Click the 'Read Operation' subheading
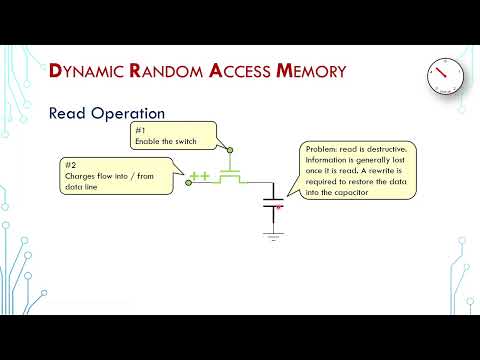[x=107, y=113]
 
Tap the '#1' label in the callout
[x=141, y=131]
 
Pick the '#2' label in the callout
[x=71, y=163]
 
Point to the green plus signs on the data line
[x=199, y=177]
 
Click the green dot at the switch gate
[x=230, y=151]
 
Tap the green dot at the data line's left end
[x=188, y=183]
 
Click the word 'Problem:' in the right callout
[x=321, y=149]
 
